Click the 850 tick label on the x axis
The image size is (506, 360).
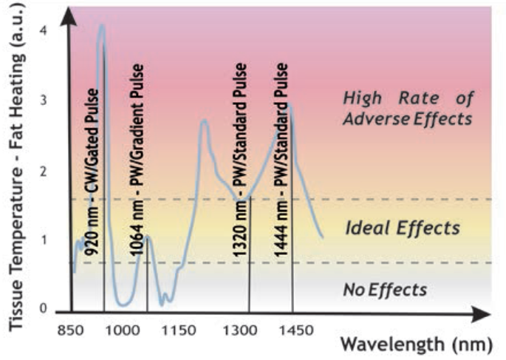[70, 330]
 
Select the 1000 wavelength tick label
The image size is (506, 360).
[123, 330]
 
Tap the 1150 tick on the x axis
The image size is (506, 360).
[179, 330]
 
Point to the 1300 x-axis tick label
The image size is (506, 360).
[240, 330]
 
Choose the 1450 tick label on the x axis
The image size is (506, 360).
[296, 330]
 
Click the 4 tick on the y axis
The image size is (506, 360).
[44, 30]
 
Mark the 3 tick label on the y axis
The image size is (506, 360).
[44, 100]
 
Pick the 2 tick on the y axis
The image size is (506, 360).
[44, 171]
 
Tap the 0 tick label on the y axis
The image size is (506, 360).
[44, 308]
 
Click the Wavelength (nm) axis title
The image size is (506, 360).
[417, 344]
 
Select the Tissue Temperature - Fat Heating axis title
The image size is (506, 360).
[16, 165]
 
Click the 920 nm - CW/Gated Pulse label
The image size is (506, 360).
[92, 171]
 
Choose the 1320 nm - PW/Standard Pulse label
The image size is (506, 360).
[240, 160]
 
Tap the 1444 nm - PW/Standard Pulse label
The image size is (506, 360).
[281, 160]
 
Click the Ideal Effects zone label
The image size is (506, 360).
[403, 228]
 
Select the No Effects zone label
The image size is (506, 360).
[386, 290]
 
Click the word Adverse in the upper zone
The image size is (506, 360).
[376, 119]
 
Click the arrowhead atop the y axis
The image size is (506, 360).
[69, 16]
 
